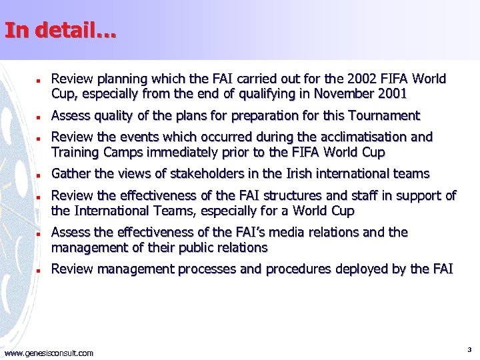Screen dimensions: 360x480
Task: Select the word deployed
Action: point(379,269)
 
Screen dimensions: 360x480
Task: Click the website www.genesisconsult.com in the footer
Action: point(49,353)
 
